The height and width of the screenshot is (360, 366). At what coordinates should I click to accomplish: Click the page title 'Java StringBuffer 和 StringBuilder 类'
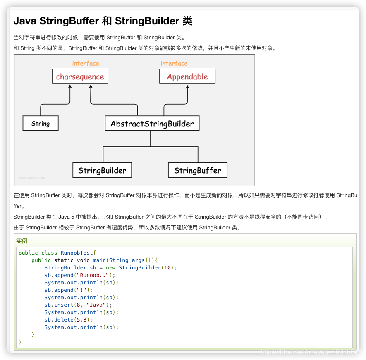pos(103,21)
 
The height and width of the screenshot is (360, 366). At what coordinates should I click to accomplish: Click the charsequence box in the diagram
pos(80,76)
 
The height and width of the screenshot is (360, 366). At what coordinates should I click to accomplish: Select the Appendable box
pos(187,76)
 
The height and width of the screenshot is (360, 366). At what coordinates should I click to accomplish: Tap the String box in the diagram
pos(41,123)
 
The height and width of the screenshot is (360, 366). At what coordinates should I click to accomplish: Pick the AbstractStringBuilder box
pos(152,124)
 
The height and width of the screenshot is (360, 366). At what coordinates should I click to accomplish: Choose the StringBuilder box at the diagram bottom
pos(102,170)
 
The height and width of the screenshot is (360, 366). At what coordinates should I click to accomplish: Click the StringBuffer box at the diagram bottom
pos(198,170)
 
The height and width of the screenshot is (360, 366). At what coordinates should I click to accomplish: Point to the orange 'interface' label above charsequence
pos(86,63)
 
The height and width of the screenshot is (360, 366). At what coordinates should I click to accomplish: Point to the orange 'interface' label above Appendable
pos(174,63)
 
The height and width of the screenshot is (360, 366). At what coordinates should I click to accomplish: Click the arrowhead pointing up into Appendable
pos(188,87)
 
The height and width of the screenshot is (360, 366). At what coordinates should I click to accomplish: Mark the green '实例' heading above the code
pos(22,241)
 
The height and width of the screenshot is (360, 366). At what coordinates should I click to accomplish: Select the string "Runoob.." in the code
pos(93,275)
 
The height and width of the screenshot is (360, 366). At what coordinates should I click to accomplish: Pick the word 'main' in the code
pos(99,260)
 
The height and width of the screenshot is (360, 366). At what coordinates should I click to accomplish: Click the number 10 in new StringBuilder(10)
pos(167,268)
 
